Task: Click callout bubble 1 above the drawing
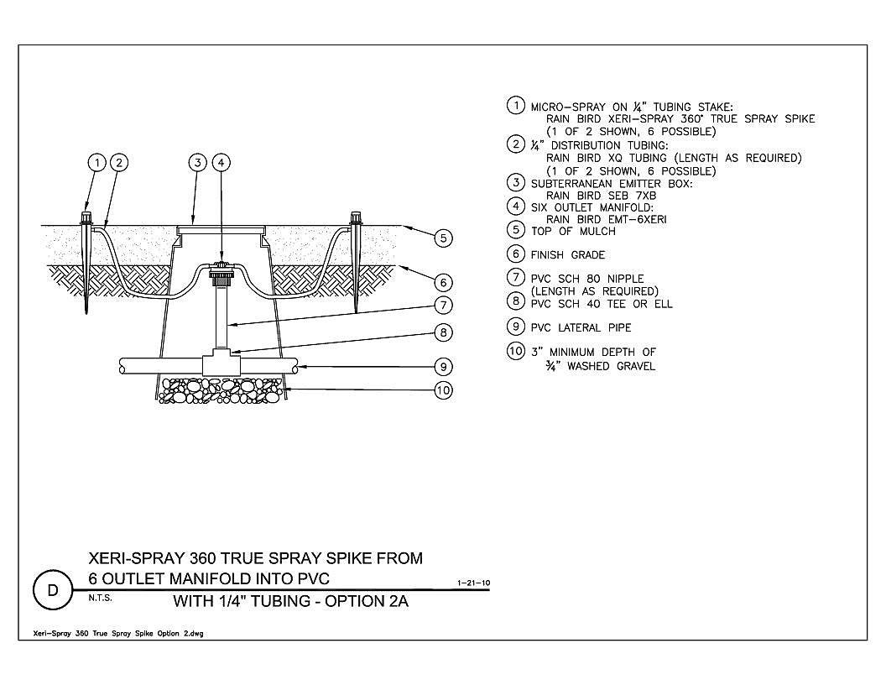(x=97, y=163)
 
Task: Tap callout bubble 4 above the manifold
(x=221, y=163)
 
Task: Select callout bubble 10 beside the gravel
(x=444, y=390)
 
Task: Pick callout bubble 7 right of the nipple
(x=444, y=306)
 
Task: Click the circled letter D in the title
(x=53, y=591)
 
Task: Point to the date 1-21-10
(x=473, y=583)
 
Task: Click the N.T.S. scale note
(x=100, y=598)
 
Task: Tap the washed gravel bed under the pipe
(x=221, y=390)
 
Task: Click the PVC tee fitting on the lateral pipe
(x=221, y=362)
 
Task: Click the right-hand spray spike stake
(x=356, y=261)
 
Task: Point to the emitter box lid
(x=221, y=229)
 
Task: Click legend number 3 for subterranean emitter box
(x=515, y=182)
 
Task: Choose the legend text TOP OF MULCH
(x=573, y=231)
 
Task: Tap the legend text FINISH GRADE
(x=568, y=255)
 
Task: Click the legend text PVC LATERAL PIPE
(x=581, y=327)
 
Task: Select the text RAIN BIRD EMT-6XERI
(x=607, y=219)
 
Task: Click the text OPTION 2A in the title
(x=366, y=601)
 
